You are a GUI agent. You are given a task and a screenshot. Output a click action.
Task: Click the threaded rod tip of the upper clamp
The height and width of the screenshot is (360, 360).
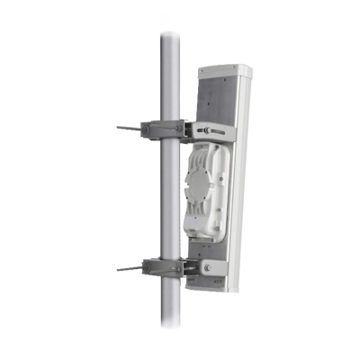click(x=119, y=128)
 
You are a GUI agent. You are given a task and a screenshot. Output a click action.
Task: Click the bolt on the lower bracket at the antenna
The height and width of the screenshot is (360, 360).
click(x=210, y=269)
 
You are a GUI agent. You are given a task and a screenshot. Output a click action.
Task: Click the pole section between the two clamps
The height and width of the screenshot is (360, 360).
click(x=166, y=198)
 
